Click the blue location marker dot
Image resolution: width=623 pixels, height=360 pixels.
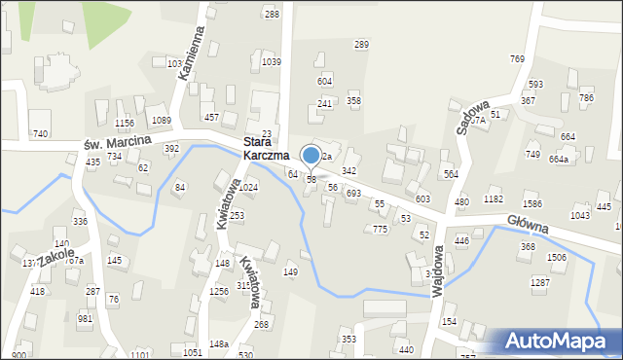click(311, 155)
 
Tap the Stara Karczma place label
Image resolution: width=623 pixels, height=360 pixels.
click(265, 148)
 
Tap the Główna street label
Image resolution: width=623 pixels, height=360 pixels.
click(527, 225)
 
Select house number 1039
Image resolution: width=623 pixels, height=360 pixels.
click(272, 61)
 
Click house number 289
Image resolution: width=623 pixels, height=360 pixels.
click(361, 45)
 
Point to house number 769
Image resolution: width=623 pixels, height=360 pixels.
click(517, 59)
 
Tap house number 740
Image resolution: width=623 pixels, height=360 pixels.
click(40, 133)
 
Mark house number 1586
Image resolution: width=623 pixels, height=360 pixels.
click(531, 203)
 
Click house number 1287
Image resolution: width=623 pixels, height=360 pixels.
click(539, 281)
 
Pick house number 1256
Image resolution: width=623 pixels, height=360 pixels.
click(218, 291)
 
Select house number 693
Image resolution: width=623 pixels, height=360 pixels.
click(353, 194)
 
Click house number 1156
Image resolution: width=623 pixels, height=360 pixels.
click(124, 123)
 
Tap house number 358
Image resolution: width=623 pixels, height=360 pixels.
click(354, 100)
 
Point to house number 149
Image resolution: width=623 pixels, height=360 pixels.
click(290, 271)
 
